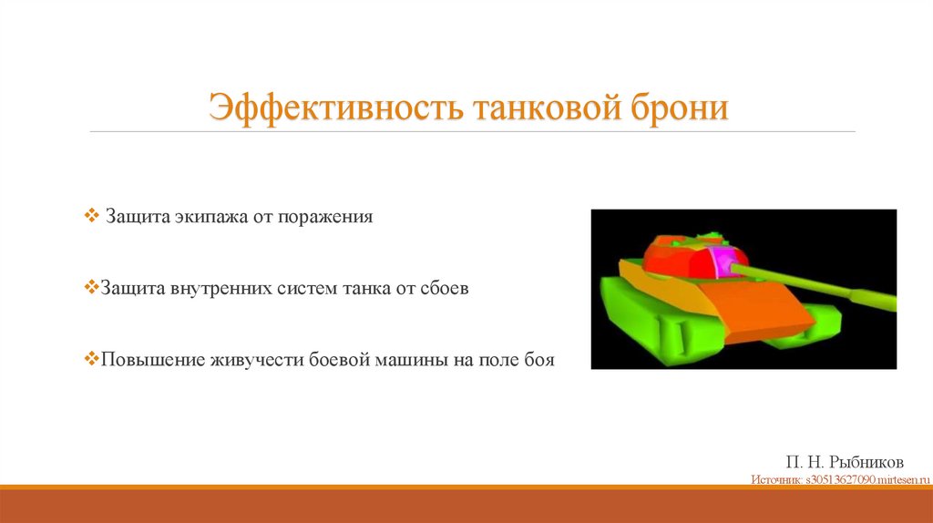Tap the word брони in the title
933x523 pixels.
coord(679,108)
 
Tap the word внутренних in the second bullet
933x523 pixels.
coord(217,289)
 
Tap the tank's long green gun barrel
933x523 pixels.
coord(820,285)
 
